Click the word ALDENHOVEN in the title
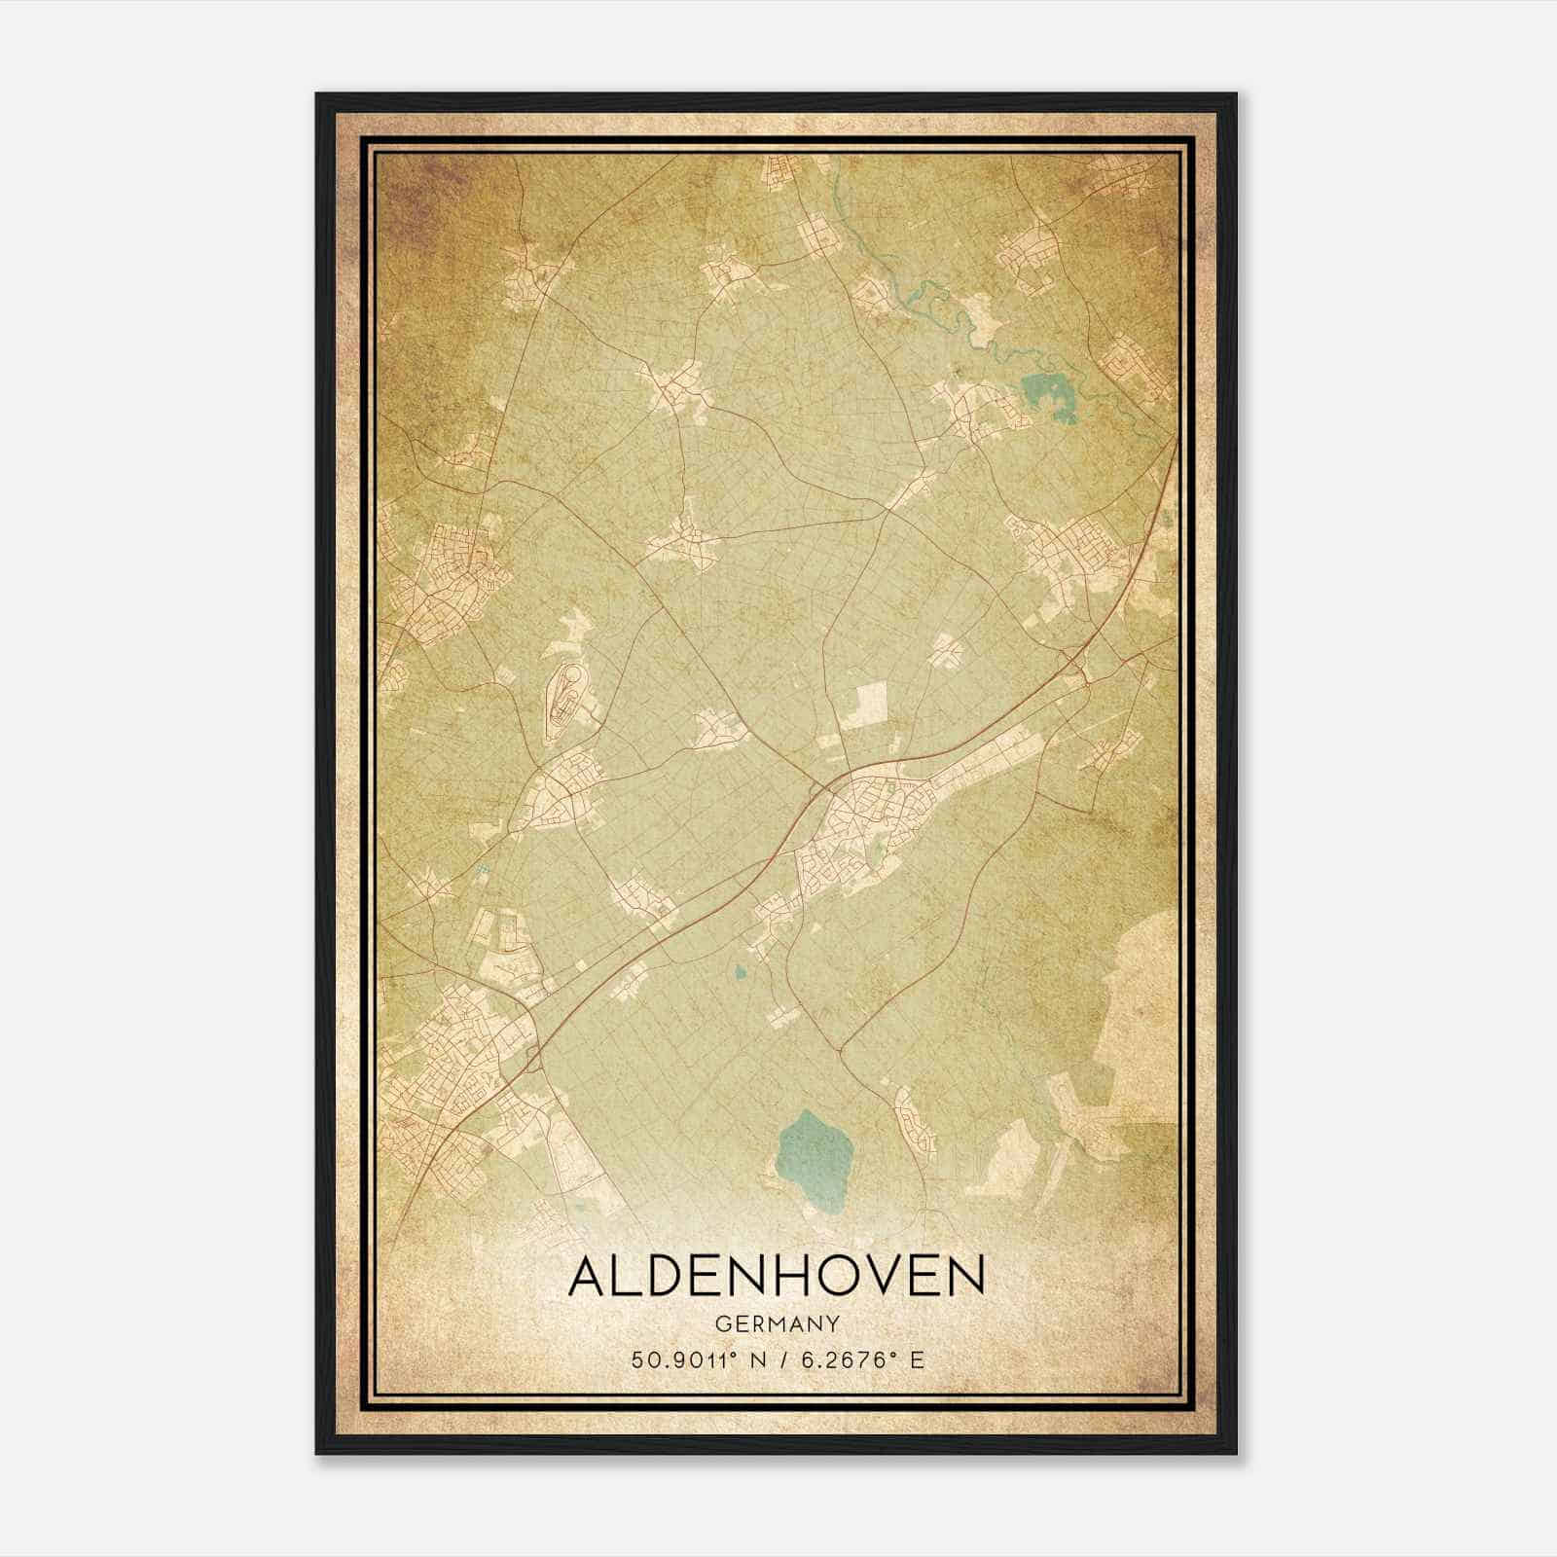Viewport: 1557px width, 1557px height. click(x=777, y=1277)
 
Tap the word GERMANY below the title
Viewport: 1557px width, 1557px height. click(x=777, y=1324)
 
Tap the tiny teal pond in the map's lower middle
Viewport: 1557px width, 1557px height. click(x=741, y=970)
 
